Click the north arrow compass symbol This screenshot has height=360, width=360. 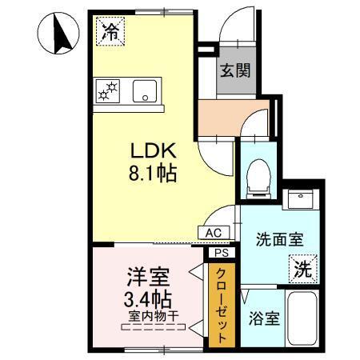click(58, 35)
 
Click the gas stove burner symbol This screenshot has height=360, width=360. click(107, 90)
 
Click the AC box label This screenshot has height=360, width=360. click(214, 233)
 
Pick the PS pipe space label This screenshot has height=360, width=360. click(220, 253)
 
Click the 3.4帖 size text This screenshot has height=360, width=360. click(148, 302)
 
